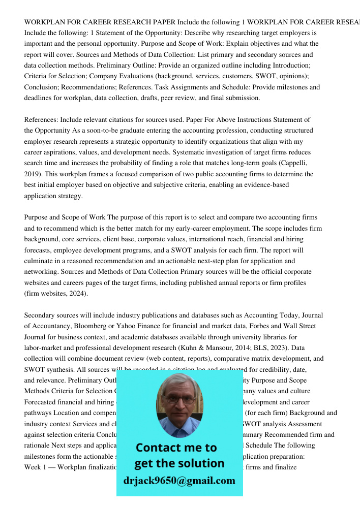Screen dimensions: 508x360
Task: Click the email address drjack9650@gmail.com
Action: (x=179, y=481)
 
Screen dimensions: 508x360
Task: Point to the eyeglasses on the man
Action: (x=178, y=399)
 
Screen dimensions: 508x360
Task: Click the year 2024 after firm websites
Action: (x=76, y=293)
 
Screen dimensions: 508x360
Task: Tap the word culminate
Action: (x=40, y=261)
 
